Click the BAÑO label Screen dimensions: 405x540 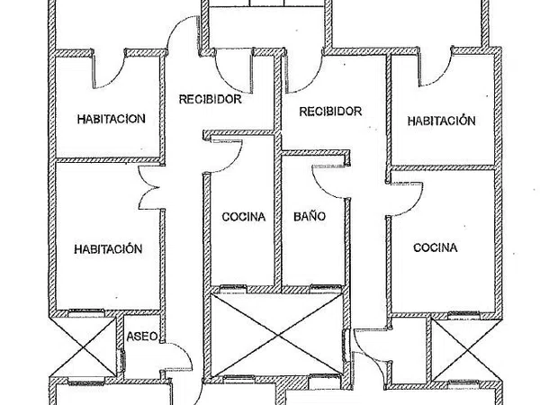tap(309, 217)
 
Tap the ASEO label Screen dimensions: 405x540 tap(142, 337)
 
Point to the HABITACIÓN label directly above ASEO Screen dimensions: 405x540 tap(109, 249)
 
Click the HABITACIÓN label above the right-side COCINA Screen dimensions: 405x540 tap(440, 120)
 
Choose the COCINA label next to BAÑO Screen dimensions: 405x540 tap(243, 217)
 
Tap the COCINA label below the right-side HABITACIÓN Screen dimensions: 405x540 tap(436, 247)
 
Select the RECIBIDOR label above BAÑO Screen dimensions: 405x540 tap(330, 112)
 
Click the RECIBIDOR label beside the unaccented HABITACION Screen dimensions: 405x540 tap(209, 99)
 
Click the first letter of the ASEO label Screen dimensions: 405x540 tap(131, 337)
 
